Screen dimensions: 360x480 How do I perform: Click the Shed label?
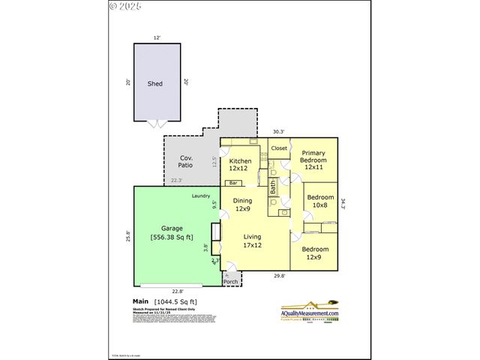tap(155, 84)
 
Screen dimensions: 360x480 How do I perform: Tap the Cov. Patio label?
tap(185, 161)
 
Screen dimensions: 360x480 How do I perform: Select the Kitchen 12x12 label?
tap(240, 165)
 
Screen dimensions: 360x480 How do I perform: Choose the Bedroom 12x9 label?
tap(313, 253)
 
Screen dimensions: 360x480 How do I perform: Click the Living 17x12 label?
tap(252, 241)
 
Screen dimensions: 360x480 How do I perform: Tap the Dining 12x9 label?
tap(243, 205)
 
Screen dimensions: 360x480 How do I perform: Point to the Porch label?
tap(230, 282)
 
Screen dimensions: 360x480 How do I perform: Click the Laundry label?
tap(201, 196)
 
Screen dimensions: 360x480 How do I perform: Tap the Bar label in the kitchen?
tap(233, 183)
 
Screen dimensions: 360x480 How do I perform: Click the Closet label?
tap(279, 148)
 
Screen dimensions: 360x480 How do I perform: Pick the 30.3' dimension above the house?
tap(278, 131)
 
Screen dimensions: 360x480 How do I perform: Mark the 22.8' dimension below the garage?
tap(178, 292)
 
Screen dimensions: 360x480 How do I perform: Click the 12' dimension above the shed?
tap(157, 37)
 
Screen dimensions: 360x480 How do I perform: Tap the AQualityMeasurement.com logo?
tap(310, 310)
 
